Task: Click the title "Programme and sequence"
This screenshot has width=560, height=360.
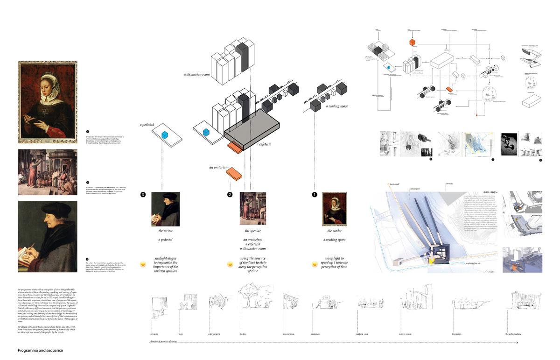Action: (40, 350)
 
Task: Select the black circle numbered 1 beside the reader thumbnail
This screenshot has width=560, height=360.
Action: (315, 194)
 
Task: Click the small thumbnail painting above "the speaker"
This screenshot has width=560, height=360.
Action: (252, 209)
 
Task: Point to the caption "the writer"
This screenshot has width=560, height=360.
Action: (165, 231)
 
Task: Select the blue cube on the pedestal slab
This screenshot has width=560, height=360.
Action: (165, 135)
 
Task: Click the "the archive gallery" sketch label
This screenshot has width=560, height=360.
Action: (513, 334)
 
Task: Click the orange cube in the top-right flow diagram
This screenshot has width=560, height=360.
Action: (413, 42)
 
